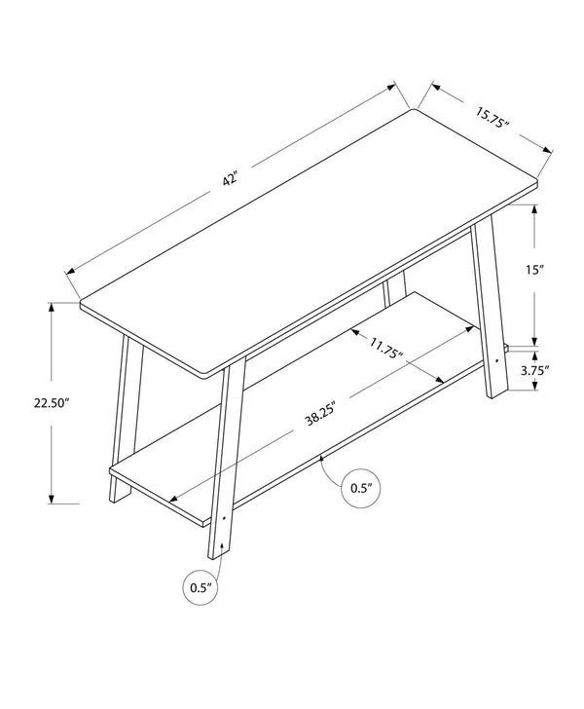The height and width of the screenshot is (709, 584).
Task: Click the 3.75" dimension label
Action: tap(535, 370)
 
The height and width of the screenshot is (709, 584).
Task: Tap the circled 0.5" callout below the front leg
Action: tap(201, 587)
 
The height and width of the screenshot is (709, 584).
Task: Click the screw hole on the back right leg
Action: tap(498, 359)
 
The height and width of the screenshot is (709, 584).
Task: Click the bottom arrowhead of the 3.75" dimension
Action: tap(534, 387)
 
